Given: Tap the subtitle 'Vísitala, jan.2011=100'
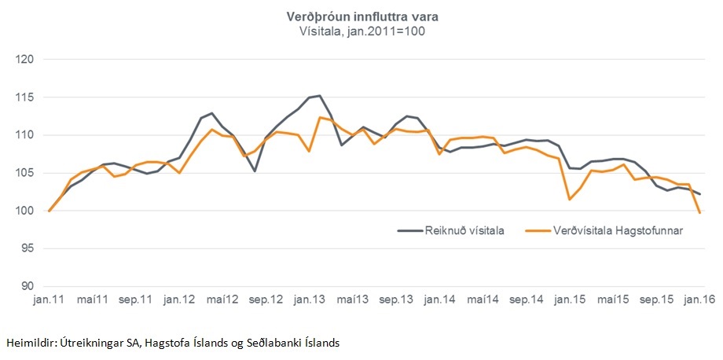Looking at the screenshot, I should click(361, 31).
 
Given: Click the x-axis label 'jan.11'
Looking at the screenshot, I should click(49, 300).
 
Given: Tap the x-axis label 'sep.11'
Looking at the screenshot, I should click(135, 300).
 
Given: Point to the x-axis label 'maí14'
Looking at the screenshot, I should click(483, 300).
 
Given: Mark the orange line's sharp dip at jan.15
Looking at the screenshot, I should click(567, 199).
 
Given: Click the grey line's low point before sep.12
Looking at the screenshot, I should click(255, 171).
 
